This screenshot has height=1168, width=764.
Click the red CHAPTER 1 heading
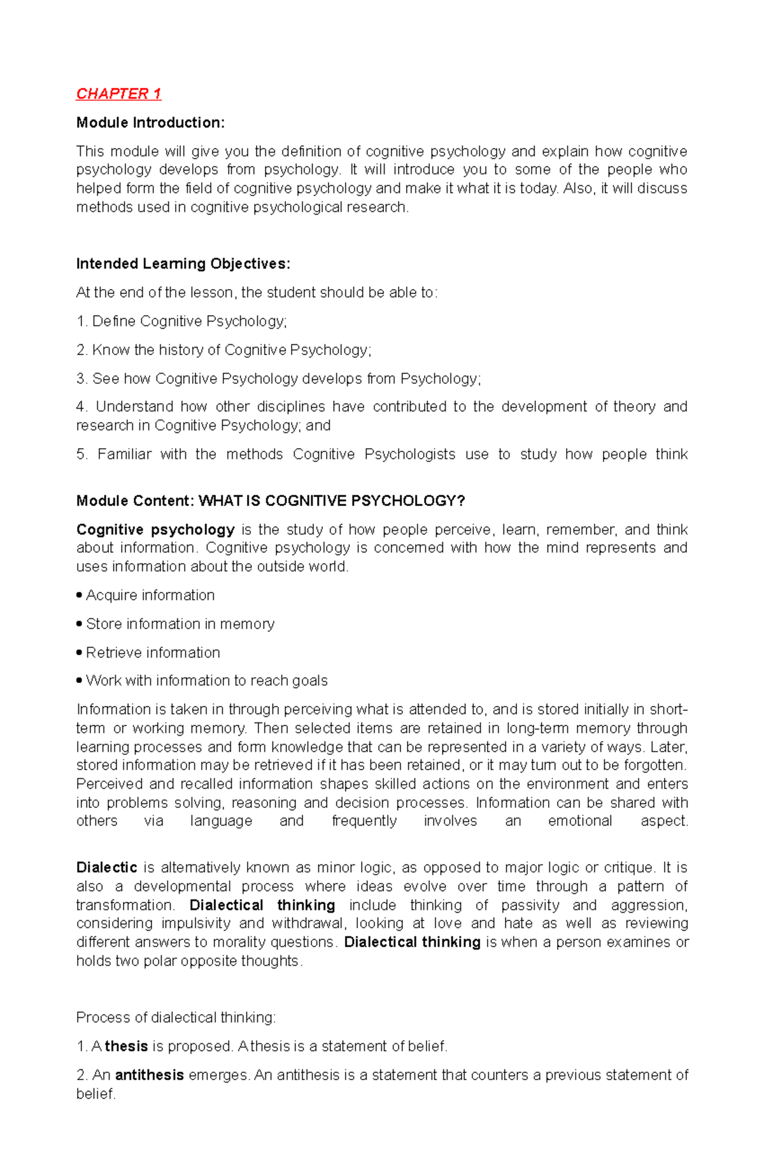(x=118, y=94)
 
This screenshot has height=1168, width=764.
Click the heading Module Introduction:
(x=150, y=123)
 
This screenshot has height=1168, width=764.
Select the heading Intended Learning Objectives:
(x=183, y=264)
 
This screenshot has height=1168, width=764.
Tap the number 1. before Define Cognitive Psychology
(x=81, y=321)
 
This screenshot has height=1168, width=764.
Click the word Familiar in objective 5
(x=124, y=454)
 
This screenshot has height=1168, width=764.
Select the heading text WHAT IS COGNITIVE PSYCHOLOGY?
(x=332, y=501)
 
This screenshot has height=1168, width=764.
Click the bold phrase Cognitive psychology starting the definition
(x=155, y=530)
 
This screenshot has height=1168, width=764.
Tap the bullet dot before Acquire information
(x=79, y=595)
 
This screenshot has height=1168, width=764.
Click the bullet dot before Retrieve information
(x=79, y=652)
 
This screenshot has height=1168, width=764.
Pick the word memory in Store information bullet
(x=247, y=624)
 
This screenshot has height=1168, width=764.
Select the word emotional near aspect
(x=579, y=821)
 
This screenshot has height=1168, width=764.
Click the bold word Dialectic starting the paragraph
(x=106, y=868)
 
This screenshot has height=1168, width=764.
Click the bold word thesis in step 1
(x=126, y=1046)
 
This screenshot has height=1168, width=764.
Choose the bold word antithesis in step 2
(x=149, y=1075)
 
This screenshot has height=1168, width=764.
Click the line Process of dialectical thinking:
(x=176, y=1018)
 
